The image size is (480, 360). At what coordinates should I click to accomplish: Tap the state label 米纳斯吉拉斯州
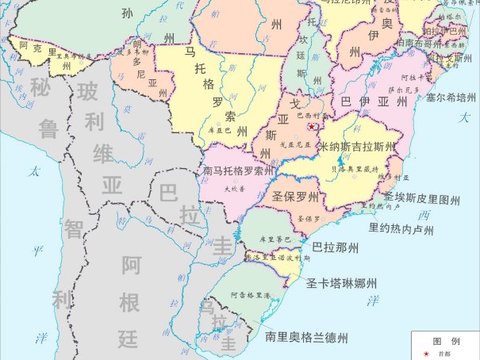click(x=356, y=147)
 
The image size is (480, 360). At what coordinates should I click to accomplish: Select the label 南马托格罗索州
click(x=238, y=170)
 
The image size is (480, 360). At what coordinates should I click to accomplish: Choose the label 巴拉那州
click(x=336, y=247)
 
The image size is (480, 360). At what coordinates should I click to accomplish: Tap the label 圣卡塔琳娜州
click(x=342, y=283)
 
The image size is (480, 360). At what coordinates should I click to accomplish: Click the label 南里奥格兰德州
click(x=307, y=337)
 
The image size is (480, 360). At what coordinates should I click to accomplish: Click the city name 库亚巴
click(x=218, y=128)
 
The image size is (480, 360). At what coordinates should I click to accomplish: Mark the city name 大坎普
click(x=230, y=189)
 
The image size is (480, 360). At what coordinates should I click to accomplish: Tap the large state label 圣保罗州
click(x=295, y=197)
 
